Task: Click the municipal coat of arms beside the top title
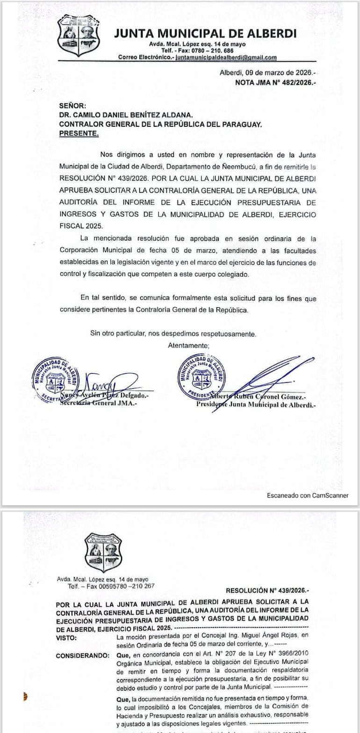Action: pos(79,35)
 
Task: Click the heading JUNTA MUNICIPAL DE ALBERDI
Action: pos(205,33)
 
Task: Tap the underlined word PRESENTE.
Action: pos(79,133)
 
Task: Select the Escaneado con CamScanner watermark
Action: pos(308,495)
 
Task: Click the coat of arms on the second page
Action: pos(103,552)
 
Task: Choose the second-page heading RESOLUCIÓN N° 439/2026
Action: pos(267,590)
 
